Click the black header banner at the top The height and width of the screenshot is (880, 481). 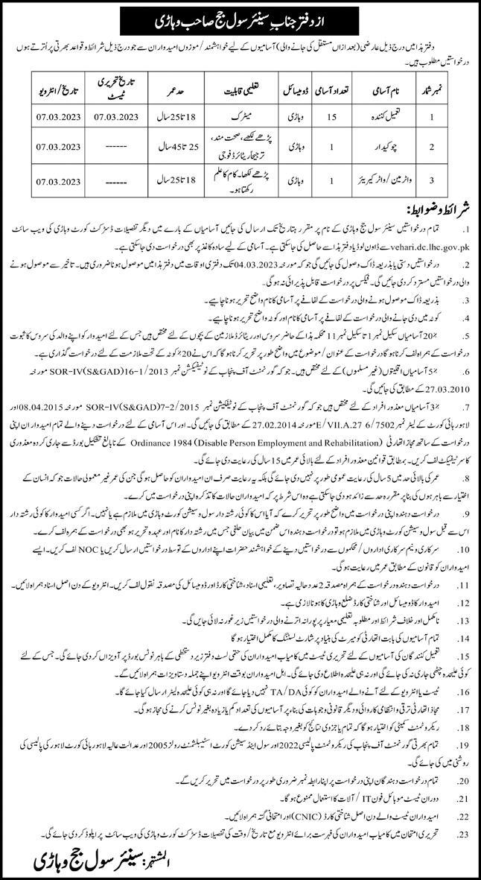click(x=240, y=16)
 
